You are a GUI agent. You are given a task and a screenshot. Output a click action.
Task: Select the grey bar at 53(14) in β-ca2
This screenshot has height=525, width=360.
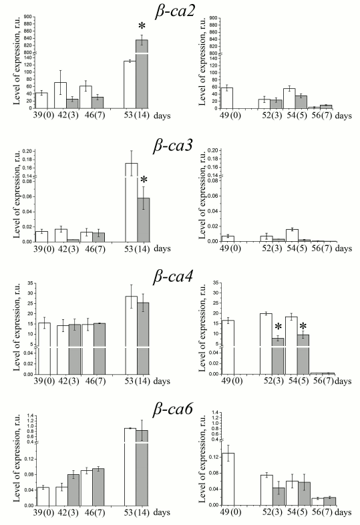(142, 73)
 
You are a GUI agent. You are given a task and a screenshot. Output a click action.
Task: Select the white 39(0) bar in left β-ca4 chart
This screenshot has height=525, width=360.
(43, 347)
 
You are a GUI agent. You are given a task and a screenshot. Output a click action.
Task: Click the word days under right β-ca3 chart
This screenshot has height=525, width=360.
(343, 248)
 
